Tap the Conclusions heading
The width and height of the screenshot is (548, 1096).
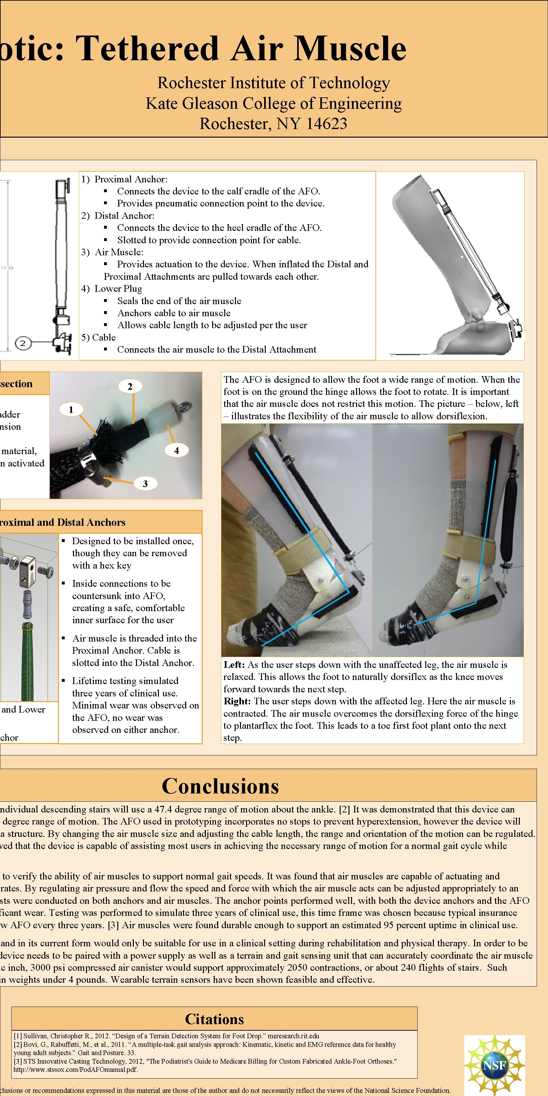[220, 786]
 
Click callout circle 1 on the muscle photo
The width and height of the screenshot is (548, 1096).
[71, 409]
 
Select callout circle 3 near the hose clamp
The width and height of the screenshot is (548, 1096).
[145, 483]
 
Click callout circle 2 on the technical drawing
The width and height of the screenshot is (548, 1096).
[23, 343]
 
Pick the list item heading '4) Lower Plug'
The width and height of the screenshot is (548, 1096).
[112, 289]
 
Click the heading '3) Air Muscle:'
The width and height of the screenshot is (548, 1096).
[112, 252]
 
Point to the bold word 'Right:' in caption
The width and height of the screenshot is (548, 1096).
[238, 701]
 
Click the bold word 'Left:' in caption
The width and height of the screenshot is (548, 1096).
[234, 665]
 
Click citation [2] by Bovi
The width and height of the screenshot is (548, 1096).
[204, 1045]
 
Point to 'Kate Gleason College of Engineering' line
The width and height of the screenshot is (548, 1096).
[274, 103]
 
